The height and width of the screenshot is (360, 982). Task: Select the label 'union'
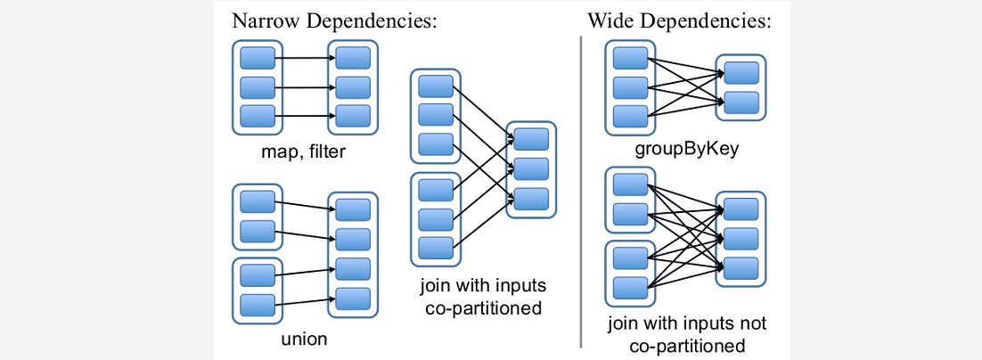click(304, 338)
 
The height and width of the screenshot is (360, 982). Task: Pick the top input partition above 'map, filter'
click(258, 60)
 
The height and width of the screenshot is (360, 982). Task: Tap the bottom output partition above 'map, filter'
click(353, 116)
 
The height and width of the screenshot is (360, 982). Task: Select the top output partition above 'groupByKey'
click(741, 72)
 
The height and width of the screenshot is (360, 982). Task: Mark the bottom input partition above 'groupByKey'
click(630, 116)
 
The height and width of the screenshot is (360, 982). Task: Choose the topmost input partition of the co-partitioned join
click(436, 86)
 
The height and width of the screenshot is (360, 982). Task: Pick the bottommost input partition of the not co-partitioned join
click(630, 286)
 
